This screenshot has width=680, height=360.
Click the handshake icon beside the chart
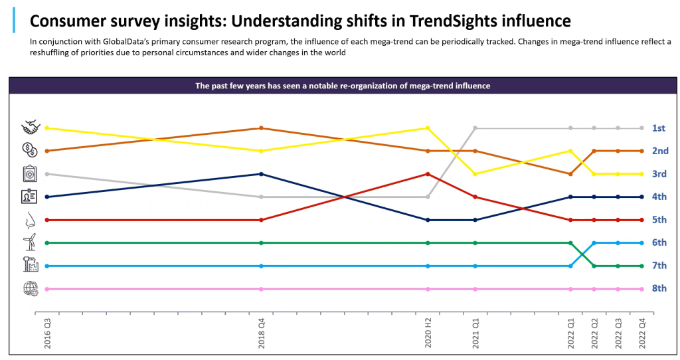tap(31, 127)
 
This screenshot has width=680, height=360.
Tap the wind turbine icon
tap(30, 242)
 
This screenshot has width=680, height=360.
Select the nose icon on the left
tap(30, 220)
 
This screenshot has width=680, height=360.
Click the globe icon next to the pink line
tap(31, 289)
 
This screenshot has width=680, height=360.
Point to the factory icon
tap(31, 265)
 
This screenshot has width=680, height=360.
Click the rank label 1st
tap(658, 128)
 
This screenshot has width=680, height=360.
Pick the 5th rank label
tap(658, 220)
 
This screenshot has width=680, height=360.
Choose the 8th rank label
tap(658, 289)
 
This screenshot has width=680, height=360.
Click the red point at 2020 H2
tap(428, 174)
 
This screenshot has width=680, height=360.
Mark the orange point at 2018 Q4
tap(261, 128)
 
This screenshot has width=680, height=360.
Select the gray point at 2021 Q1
tap(475, 128)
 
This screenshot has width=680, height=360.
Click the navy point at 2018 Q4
tap(261, 174)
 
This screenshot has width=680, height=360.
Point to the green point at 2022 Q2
tap(594, 266)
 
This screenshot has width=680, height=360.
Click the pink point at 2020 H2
tap(428, 289)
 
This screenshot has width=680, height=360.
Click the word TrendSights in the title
tap(454, 21)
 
